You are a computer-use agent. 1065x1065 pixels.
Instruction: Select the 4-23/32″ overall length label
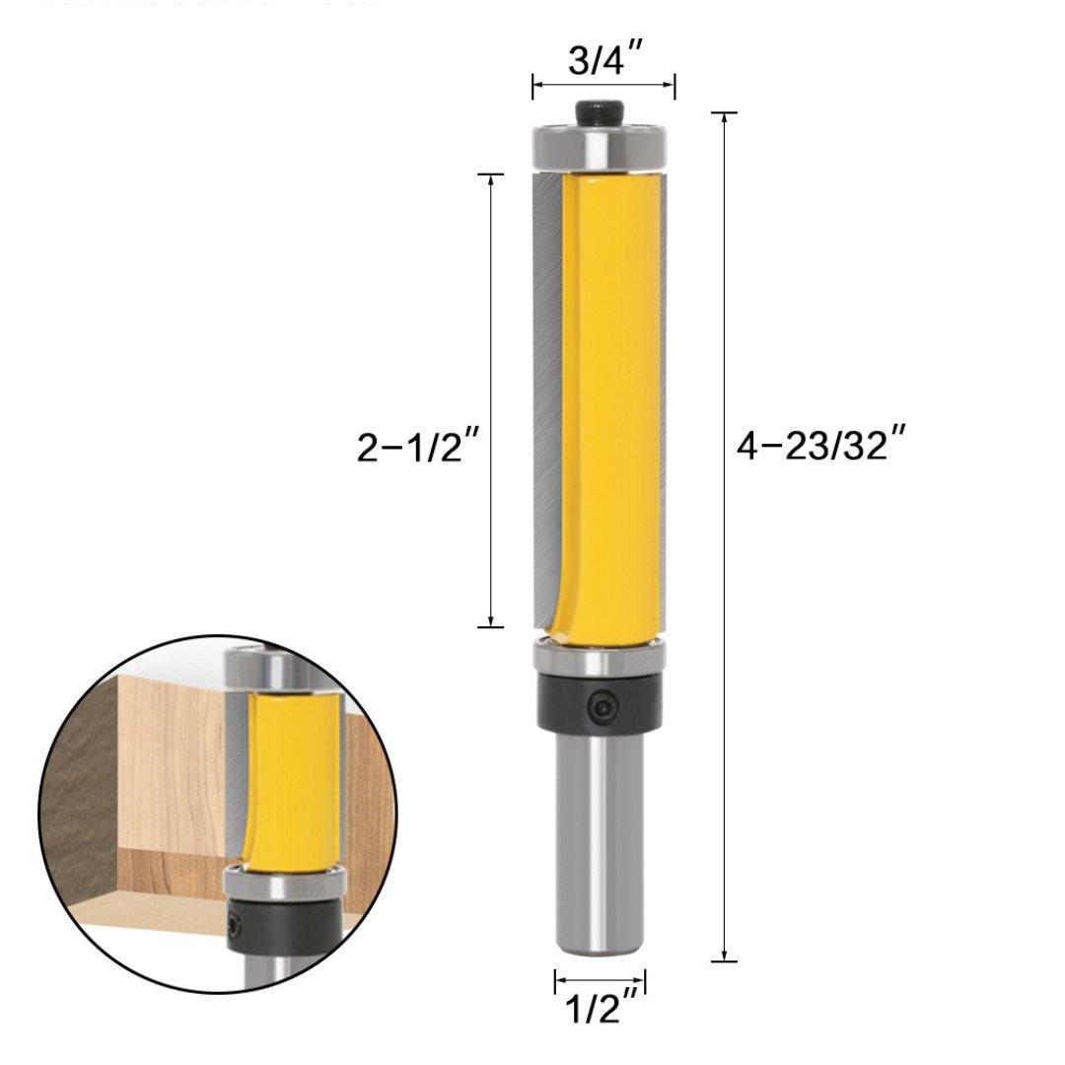click(820, 447)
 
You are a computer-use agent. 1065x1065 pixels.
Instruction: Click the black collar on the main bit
click(600, 702)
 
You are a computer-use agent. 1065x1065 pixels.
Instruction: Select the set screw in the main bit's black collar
click(602, 703)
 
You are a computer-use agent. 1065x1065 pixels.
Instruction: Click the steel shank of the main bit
click(600, 848)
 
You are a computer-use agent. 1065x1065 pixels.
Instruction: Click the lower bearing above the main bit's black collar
click(600, 656)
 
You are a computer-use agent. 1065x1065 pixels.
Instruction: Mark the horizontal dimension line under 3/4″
click(603, 87)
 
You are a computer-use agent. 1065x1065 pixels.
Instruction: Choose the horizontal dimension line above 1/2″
click(600, 980)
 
